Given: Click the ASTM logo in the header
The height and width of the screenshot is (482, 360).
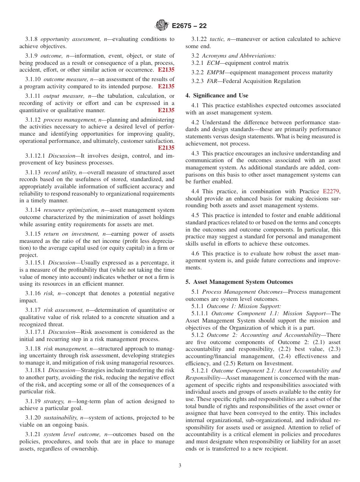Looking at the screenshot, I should (162, 26).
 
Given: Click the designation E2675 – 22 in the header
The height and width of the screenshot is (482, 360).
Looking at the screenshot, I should (189, 26).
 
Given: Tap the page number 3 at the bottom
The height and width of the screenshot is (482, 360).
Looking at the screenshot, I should (180, 465).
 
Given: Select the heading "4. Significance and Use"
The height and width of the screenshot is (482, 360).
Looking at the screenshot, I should (217, 95).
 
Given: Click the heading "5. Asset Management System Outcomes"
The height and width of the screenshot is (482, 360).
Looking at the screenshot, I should (239, 282).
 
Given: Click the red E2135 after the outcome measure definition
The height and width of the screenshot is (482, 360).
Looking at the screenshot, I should (166, 86).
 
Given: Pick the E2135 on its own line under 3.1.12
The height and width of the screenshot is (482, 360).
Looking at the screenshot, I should (166, 148).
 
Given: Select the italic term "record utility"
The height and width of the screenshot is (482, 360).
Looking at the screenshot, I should (60, 172).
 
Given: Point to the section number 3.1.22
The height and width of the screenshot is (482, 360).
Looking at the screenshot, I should (198, 39).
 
